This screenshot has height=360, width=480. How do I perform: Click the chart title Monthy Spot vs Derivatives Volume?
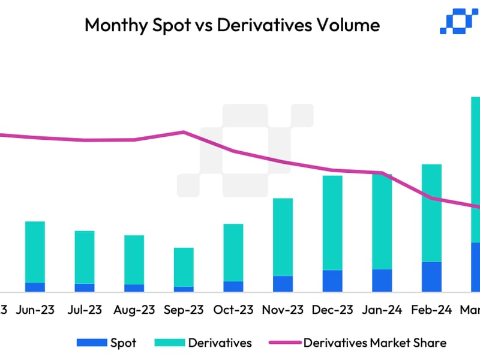click(232, 25)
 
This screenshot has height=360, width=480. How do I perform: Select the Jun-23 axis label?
click(35, 310)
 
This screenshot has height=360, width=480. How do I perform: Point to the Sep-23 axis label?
click(184, 310)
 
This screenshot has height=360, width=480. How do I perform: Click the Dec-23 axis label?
click(332, 310)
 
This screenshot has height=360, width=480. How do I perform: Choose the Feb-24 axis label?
click(431, 310)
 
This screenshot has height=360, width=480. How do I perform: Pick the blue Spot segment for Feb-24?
click(431, 277)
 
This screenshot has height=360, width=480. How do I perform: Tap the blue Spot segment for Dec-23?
click(332, 281)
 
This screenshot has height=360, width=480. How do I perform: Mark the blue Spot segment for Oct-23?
click(233, 286)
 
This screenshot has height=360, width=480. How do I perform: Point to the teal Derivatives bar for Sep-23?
click(184, 267)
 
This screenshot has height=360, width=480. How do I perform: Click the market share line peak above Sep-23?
click(184, 131)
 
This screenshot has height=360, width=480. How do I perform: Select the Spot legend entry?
click(108, 343)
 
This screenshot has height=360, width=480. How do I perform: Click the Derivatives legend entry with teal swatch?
click(204, 343)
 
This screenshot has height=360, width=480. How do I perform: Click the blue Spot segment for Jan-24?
click(382, 280)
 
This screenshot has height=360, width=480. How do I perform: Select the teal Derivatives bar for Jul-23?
click(85, 257)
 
